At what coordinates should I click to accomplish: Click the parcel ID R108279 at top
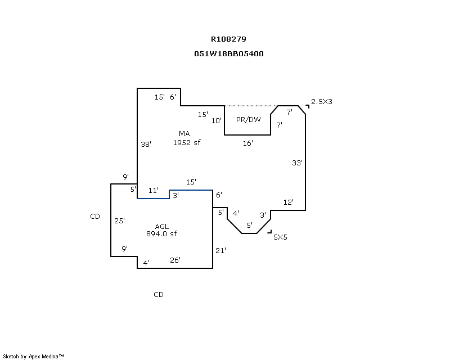coord(228,39)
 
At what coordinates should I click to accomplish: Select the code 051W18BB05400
coord(229,53)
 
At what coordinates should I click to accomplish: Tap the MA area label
coord(184,133)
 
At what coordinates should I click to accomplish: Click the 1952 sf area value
coord(187,142)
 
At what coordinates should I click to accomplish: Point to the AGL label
coord(162,227)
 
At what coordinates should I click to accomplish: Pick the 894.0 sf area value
coord(161,233)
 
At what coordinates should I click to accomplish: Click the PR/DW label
coord(249,119)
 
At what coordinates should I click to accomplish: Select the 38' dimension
coord(146,144)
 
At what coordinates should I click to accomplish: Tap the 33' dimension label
coord(297,163)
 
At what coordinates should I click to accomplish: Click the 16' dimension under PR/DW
coord(247,143)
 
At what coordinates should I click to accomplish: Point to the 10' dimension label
coord(217,121)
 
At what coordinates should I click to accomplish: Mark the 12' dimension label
coord(289,202)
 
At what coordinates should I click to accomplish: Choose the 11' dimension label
coord(153,190)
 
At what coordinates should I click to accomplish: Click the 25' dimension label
coord(119,220)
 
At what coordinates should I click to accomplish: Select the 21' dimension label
coord(220,251)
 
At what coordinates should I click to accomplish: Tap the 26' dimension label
coord(175,260)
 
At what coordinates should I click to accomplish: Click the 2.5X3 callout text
coord(322,102)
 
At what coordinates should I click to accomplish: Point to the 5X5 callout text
coord(280,237)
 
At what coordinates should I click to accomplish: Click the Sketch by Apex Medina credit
coord(33,356)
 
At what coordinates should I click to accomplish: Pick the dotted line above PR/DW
coord(251,106)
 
